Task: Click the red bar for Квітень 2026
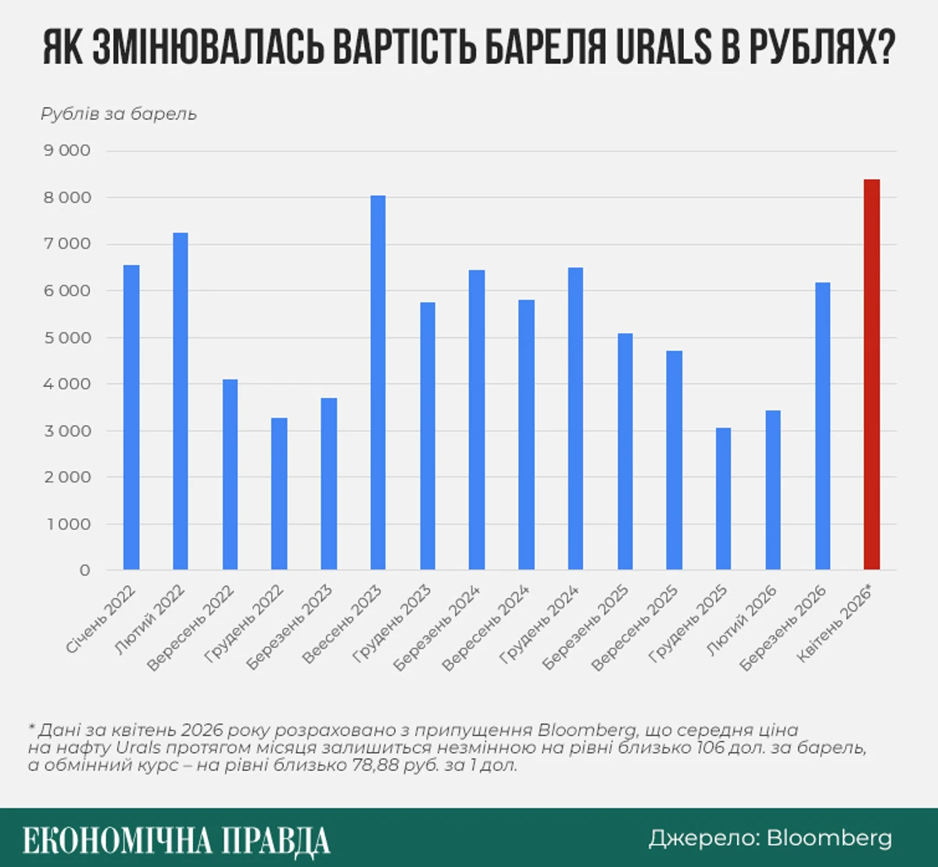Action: (872, 374)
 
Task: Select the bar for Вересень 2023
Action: (378, 382)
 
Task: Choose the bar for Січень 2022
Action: (131, 417)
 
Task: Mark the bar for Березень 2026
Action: (822, 426)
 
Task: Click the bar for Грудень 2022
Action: (279, 493)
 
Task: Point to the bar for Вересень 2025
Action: (674, 460)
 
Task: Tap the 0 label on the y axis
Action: (84, 571)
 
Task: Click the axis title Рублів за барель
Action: (119, 114)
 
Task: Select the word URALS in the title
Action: (664, 48)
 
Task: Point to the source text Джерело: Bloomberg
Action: (770, 838)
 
